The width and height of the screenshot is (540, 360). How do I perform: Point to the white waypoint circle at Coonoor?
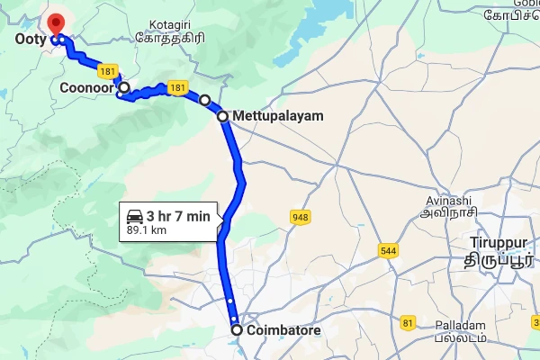(125, 88)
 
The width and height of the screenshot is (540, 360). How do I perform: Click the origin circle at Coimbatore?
(237, 330)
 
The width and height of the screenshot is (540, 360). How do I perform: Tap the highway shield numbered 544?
(389, 249)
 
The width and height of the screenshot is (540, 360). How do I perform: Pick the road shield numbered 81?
(409, 322)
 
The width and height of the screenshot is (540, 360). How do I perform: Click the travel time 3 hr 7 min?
(178, 216)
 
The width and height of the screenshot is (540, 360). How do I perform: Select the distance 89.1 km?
(148, 229)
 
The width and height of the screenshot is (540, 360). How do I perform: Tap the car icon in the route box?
(134, 216)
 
